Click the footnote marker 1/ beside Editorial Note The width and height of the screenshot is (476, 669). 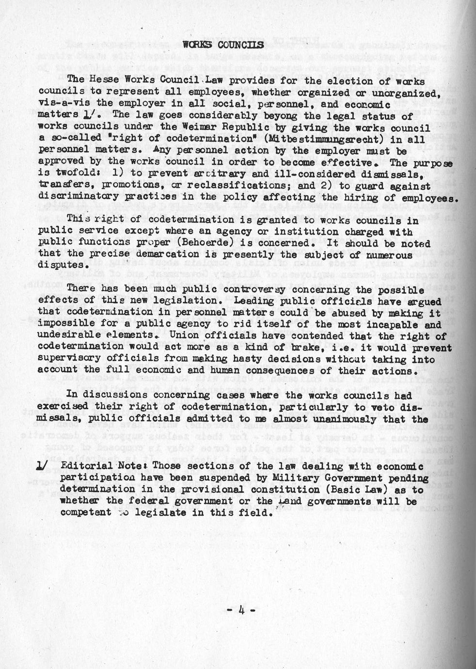[43, 466]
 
